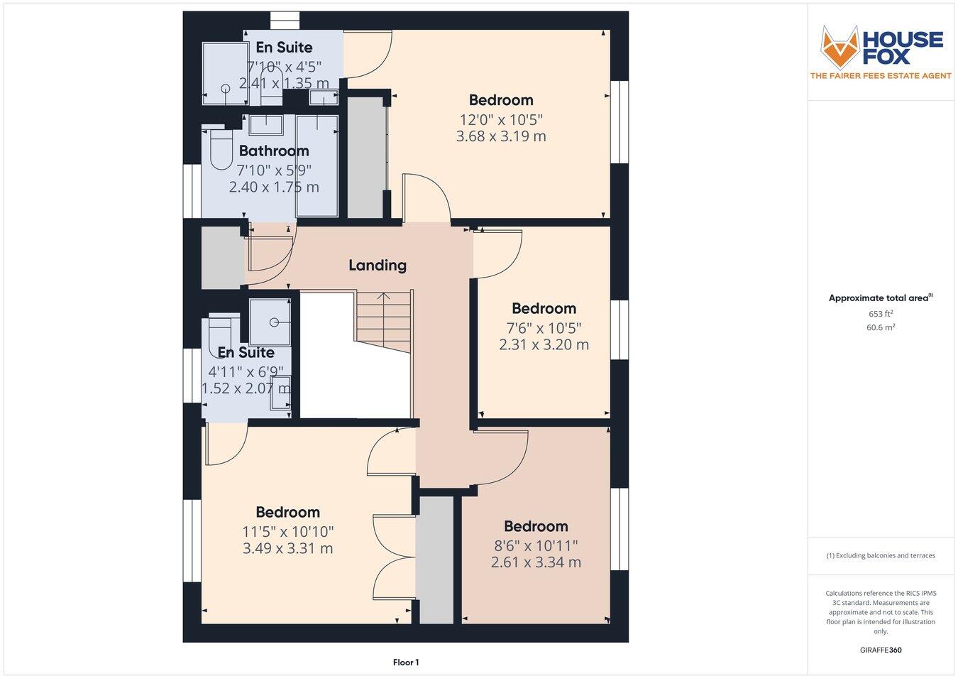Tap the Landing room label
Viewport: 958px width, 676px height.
[x=378, y=265]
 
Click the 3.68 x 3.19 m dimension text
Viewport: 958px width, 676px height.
[x=501, y=136]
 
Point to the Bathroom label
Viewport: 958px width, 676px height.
[x=274, y=151]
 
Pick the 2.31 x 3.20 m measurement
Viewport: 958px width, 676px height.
[x=544, y=344]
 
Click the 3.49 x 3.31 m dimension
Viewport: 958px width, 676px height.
[x=287, y=548]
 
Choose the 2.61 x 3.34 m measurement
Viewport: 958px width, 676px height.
[x=536, y=562]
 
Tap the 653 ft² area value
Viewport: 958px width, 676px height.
[x=881, y=313]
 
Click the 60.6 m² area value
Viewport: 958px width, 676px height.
[x=881, y=327]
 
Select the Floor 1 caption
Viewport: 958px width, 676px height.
[x=406, y=663]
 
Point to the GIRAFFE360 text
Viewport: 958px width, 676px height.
[x=881, y=650]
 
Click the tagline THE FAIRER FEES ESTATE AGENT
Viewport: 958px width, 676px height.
[x=881, y=76]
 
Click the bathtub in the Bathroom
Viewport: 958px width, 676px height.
[x=316, y=166]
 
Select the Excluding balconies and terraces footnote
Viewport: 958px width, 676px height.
[x=881, y=555]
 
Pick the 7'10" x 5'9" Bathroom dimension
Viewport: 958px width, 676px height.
[x=274, y=170]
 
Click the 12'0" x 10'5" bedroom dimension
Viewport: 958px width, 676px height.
[x=501, y=119]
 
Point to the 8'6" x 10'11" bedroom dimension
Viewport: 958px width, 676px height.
[x=536, y=545]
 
